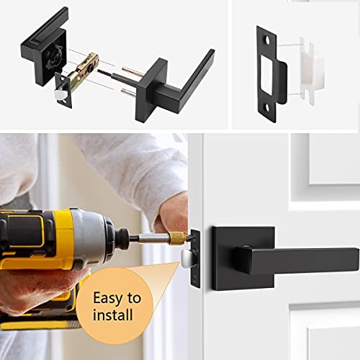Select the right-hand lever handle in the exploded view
coord(184,76)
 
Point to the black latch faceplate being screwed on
coord(195,252)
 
